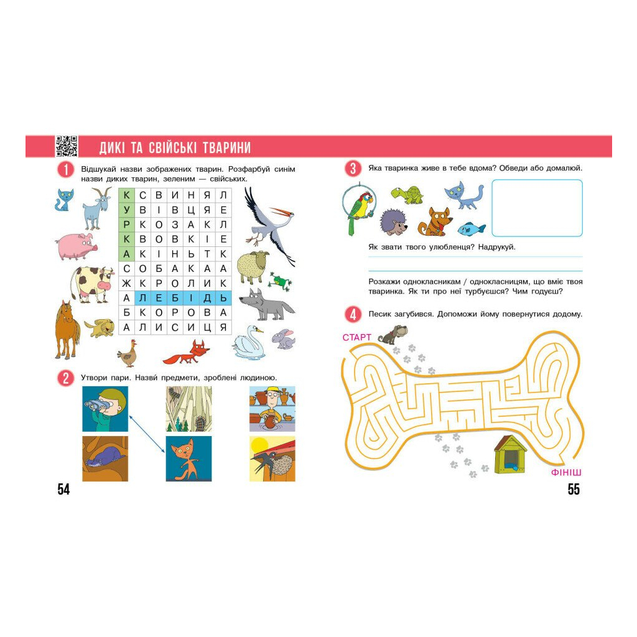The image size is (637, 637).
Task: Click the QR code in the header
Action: click(66, 146)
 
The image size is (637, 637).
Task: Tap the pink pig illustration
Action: click(77, 246)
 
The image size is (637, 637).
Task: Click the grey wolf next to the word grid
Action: click(266, 305)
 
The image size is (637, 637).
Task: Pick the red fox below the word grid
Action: click(187, 352)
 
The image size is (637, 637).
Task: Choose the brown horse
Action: click(67, 330)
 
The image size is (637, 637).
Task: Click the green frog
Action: click(279, 282)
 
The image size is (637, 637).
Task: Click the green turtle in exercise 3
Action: click(407, 195)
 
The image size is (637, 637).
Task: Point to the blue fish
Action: click(472, 229)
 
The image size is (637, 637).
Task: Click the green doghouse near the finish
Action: click(511, 455)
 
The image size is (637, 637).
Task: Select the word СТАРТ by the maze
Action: click(356, 337)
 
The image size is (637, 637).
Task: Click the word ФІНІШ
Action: click(566, 473)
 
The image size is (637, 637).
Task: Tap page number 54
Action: click(63, 489)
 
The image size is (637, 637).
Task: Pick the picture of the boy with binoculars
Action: click(105, 409)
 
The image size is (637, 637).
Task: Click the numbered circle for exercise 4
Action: click(353, 314)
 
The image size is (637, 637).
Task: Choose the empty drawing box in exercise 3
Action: click(537, 208)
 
